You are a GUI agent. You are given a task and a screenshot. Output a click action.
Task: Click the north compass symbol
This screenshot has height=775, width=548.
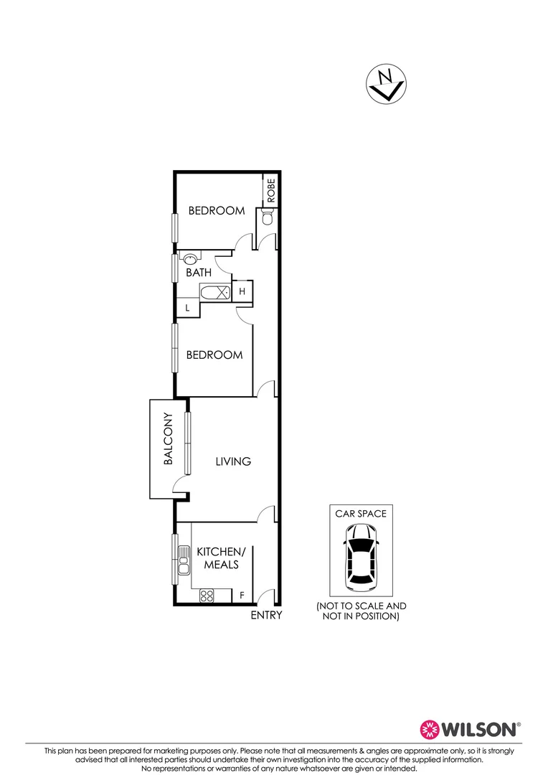pyautogui.click(x=386, y=84)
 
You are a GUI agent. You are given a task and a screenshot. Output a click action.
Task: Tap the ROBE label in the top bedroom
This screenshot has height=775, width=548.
pyautogui.click(x=271, y=190)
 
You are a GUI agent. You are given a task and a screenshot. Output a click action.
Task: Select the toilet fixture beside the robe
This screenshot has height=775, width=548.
pyautogui.click(x=268, y=217)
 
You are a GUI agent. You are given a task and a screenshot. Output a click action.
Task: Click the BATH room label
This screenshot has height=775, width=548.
pyautogui.click(x=199, y=273)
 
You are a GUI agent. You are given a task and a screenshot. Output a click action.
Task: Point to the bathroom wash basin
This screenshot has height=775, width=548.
pyautogui.click(x=192, y=259)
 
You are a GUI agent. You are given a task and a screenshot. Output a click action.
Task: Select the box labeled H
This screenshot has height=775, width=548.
pyautogui.click(x=242, y=291)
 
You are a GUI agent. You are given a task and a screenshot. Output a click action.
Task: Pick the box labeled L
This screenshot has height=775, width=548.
pyautogui.click(x=187, y=307)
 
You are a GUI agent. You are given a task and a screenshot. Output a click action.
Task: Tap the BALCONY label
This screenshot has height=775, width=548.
pyautogui.click(x=169, y=439)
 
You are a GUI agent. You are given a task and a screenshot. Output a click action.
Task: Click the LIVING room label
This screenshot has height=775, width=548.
pyautogui.click(x=233, y=461)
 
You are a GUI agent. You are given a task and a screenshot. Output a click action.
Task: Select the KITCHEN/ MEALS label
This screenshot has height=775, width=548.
pyautogui.click(x=221, y=558)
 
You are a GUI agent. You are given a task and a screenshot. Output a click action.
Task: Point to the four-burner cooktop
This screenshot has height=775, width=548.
pyautogui.click(x=207, y=595)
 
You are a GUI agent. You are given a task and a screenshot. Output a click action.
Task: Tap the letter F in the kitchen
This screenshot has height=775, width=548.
pyautogui.click(x=241, y=596)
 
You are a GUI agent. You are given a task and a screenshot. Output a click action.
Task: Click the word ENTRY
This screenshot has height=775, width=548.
pyautogui.click(x=266, y=616)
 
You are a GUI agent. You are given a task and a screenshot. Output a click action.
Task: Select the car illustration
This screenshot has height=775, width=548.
pyautogui.click(x=361, y=554)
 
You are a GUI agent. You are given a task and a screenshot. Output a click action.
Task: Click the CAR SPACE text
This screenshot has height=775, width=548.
pyautogui.click(x=361, y=514)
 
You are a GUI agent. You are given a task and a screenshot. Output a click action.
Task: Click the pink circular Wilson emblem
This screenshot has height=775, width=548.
pyautogui.click(x=429, y=729)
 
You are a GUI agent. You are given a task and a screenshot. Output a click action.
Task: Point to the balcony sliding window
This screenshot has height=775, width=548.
pyautogui.click(x=188, y=443)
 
